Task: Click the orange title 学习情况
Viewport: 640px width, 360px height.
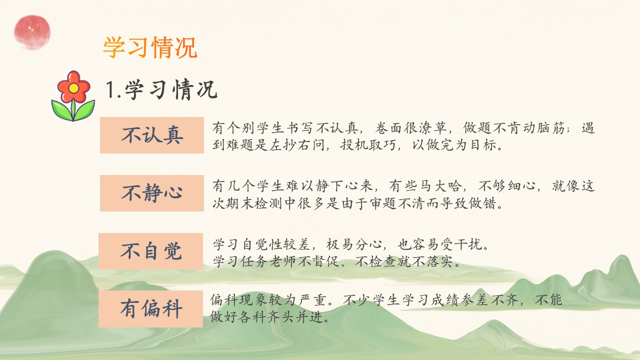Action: pos(150,47)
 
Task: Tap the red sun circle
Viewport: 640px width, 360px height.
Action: pos(32,32)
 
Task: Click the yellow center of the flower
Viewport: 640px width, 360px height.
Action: pos(73,88)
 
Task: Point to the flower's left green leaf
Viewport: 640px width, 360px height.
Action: pos(61,109)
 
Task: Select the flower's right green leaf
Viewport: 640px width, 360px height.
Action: pos(84,109)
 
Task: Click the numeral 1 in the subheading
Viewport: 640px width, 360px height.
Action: pos(110,89)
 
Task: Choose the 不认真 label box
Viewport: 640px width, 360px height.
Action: pos(152,135)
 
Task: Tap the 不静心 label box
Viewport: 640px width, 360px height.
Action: pos(152,193)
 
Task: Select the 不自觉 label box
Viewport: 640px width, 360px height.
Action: pos(151,251)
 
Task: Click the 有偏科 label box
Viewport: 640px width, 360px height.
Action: pos(151,309)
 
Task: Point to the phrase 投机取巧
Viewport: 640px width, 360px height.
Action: pos(368,145)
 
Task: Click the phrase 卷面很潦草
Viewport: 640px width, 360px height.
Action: pos(411,128)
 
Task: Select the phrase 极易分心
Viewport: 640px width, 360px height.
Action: pos(354,244)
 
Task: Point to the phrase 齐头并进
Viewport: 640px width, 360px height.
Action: pos(295,317)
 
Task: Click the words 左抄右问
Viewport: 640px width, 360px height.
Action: pos(297,145)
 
